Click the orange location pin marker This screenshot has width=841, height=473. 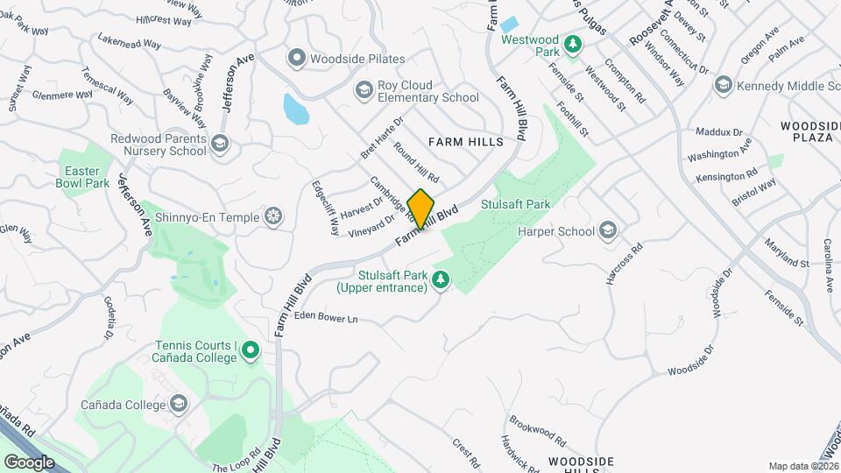(x=421, y=209)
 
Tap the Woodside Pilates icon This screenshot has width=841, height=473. (x=296, y=59)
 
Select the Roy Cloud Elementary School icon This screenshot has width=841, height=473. (x=364, y=89)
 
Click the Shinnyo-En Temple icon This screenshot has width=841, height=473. (x=274, y=216)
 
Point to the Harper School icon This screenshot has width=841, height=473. (x=607, y=231)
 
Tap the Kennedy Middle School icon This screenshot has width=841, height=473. (x=723, y=85)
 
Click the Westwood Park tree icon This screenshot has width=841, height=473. (x=572, y=44)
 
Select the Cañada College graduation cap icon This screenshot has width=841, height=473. (x=179, y=404)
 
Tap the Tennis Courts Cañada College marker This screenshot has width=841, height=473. (x=251, y=351)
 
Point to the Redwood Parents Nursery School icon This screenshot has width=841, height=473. (x=219, y=144)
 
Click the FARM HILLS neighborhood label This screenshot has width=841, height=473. (x=465, y=141)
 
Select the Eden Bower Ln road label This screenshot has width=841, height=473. (x=326, y=317)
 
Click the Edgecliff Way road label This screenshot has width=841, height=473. (x=323, y=208)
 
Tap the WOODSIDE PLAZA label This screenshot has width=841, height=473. (x=809, y=131)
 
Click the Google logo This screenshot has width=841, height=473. (x=29, y=462)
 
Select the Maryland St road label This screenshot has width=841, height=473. (x=786, y=252)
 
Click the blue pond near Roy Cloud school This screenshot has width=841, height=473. (x=294, y=109)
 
